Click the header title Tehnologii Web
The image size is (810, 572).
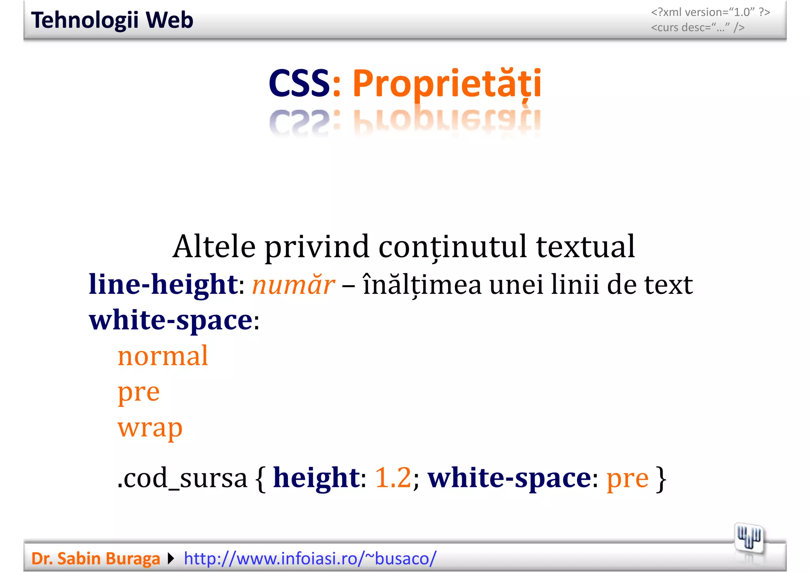click(112, 20)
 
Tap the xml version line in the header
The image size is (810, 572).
click(710, 12)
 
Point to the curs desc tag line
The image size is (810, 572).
click(698, 28)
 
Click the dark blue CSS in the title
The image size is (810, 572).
click(299, 83)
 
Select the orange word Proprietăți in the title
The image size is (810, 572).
click(447, 83)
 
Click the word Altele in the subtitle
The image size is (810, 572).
click(214, 246)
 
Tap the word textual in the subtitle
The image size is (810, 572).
click(585, 246)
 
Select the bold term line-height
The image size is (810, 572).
click(163, 284)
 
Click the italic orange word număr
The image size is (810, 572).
click(293, 285)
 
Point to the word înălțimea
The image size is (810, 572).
click(422, 285)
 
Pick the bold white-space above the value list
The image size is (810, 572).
click(170, 320)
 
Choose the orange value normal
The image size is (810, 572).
click(163, 356)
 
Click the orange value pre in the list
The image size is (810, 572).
click(138, 393)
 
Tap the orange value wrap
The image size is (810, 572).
click(150, 428)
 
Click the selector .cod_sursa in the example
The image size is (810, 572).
click(182, 478)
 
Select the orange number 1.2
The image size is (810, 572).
click(393, 478)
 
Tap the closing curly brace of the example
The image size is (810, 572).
click(661, 478)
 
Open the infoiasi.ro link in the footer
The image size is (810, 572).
click(310, 559)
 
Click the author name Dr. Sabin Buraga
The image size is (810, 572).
click(95, 559)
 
